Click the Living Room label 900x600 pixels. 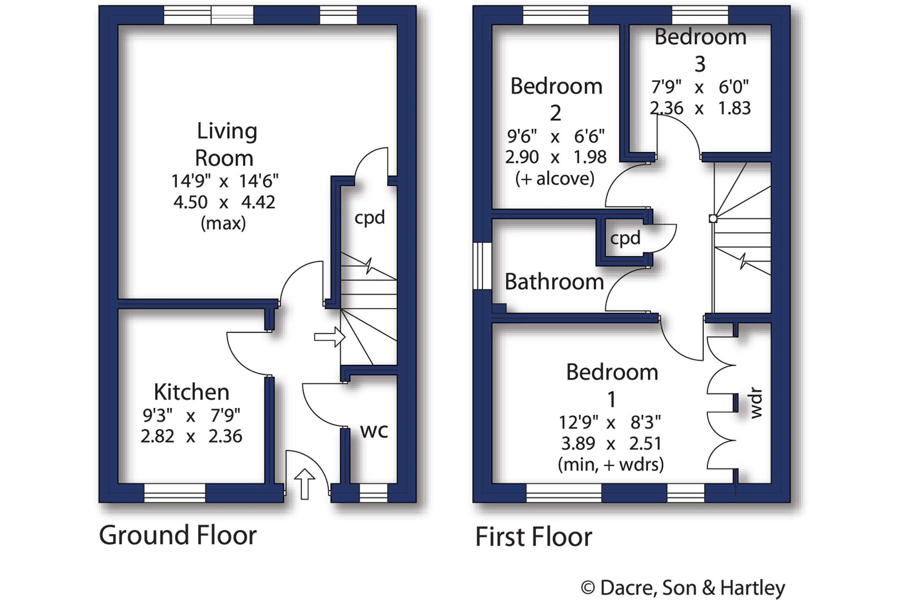click(x=225, y=144)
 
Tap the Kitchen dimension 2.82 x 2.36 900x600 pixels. click(x=191, y=436)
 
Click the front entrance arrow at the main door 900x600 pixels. click(x=304, y=483)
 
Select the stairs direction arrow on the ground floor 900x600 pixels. click(x=329, y=337)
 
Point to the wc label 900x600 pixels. click(x=374, y=431)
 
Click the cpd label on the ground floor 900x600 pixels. click(x=370, y=218)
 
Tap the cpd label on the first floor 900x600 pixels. click(x=625, y=238)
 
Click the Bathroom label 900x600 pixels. click(x=554, y=282)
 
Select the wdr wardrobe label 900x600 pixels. click(x=756, y=403)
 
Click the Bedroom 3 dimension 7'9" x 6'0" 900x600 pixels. click(x=700, y=87)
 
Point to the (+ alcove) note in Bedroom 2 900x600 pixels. click(x=555, y=179)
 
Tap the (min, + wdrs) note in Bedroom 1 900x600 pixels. click(x=610, y=465)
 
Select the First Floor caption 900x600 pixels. click(x=533, y=536)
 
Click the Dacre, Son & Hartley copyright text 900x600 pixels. click(x=683, y=588)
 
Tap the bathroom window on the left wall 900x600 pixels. click(x=482, y=266)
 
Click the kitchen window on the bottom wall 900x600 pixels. click(x=174, y=493)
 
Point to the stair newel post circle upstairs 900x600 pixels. click(x=713, y=219)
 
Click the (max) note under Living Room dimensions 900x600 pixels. click(x=223, y=223)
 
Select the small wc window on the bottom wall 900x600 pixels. click(x=373, y=493)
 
